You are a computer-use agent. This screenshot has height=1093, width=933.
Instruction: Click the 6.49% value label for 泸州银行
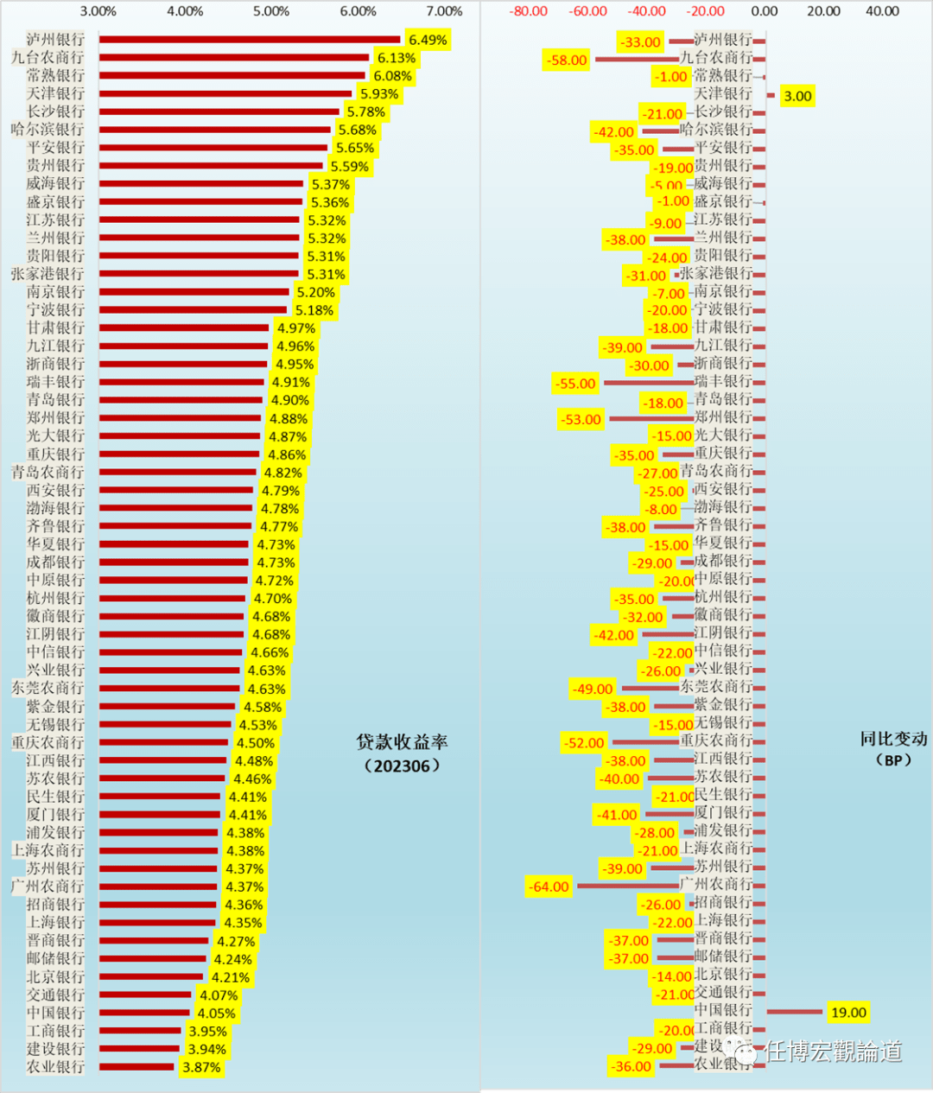[428, 41]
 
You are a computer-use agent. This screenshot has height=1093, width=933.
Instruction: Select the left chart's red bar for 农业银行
[136, 1067]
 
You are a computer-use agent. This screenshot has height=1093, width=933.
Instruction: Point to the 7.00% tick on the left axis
[444, 11]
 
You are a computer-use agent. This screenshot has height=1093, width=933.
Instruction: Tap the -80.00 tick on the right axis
[528, 11]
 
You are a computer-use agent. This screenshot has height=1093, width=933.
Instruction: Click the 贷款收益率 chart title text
[402, 742]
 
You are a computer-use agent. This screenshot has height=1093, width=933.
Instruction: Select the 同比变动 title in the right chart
[893, 740]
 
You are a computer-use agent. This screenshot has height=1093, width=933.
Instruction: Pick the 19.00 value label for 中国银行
[847, 1013]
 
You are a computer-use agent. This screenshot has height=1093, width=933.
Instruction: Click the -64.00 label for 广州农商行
[549, 886]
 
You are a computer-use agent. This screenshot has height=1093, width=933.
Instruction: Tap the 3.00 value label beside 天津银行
[797, 96]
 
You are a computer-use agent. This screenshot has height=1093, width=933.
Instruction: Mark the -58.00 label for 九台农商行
[567, 60]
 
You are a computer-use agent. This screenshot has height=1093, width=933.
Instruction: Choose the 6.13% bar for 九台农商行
[234, 58]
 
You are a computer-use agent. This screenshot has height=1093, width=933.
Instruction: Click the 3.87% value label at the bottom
[201, 1067]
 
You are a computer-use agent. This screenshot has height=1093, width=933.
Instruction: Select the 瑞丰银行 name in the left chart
[55, 382]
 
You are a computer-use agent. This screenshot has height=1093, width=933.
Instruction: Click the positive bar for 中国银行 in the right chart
[794, 1011]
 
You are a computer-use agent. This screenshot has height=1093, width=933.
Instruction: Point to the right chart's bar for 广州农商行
[628, 886]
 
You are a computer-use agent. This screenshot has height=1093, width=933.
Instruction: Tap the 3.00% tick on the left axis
[98, 11]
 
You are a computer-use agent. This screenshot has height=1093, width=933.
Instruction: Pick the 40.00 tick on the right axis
[882, 11]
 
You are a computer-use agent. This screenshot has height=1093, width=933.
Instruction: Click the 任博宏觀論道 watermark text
[833, 1051]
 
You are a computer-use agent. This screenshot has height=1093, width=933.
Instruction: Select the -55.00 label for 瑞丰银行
[575, 384]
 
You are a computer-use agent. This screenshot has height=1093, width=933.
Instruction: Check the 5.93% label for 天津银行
[379, 94]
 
